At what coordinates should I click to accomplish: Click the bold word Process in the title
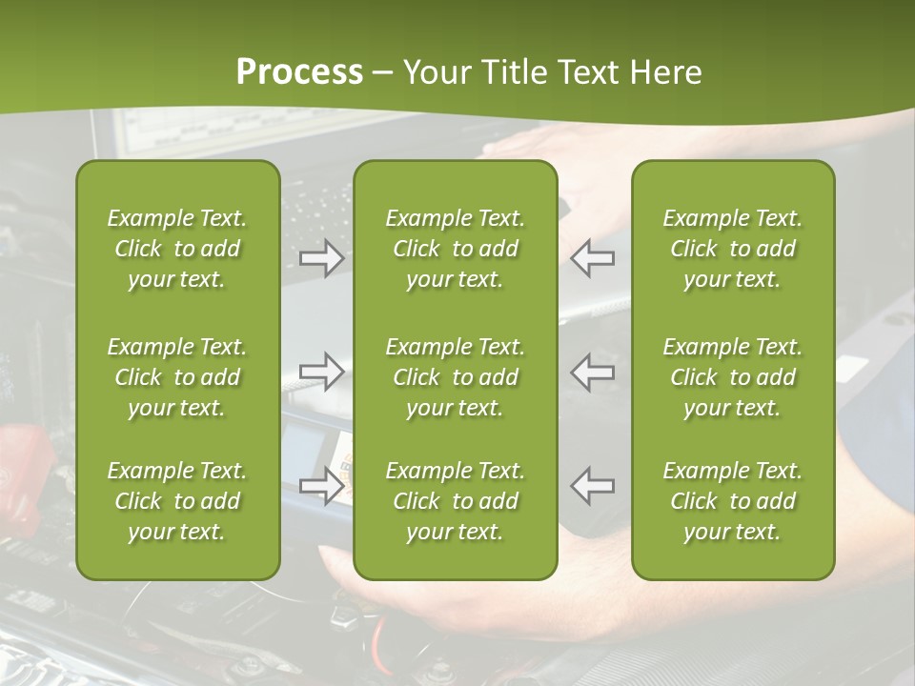click(299, 72)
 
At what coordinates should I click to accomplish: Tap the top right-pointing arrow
click(322, 257)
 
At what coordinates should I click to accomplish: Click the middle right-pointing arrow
click(322, 372)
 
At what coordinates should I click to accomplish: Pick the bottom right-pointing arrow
click(322, 486)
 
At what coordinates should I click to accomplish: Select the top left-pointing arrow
click(592, 257)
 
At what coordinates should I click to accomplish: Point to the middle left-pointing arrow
click(592, 372)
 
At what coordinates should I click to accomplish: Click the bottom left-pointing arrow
click(592, 486)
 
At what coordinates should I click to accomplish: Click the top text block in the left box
click(177, 249)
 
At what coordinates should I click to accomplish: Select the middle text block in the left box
click(177, 377)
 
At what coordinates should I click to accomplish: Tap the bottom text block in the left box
click(177, 501)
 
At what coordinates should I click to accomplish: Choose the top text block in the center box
click(455, 249)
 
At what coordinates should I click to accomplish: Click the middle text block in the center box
click(455, 377)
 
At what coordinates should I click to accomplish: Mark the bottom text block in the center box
click(455, 501)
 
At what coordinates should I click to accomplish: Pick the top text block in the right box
click(733, 249)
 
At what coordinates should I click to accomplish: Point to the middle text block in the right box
click(733, 377)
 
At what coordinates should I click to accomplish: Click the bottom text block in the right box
click(733, 501)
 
